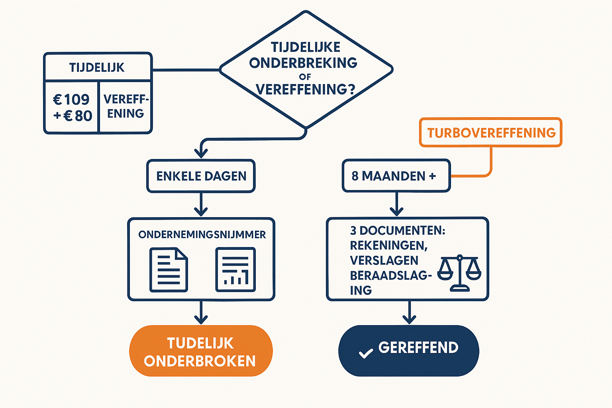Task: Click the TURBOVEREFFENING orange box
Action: (490, 133)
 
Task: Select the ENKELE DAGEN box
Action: (201, 176)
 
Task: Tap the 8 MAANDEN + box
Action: (396, 176)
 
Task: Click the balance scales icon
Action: (459, 273)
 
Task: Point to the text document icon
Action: (169, 270)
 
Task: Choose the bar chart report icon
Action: (235, 270)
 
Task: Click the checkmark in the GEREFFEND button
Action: (365, 353)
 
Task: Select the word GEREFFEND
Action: (418, 348)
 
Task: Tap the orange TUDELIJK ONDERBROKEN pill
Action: (201, 351)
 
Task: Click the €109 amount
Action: (72, 99)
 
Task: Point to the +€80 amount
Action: (73, 116)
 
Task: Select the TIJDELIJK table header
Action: (97, 67)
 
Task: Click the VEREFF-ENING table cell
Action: (126, 106)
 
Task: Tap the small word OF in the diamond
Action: (305, 76)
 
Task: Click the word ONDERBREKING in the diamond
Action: (303, 63)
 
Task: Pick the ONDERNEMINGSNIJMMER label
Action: (202, 235)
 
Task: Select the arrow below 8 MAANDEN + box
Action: (396, 204)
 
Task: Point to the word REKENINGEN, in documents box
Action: (389, 245)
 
